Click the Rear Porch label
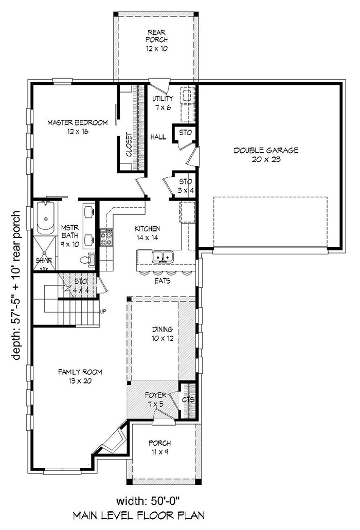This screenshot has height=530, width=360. coord(156,40)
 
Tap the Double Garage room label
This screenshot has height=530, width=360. coord(266,155)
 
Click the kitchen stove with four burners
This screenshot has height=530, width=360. coord(106,238)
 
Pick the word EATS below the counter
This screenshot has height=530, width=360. coord(164,281)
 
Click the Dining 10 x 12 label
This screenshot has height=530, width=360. coord(161,334)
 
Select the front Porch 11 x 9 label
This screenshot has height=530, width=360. coord(159,447)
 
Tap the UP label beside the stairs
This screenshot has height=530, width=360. coord(103,311)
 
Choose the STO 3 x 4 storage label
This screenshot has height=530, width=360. coord(185,186)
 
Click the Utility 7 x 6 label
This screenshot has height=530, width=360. coord(163,103)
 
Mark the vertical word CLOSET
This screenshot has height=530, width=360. coord(129,147)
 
